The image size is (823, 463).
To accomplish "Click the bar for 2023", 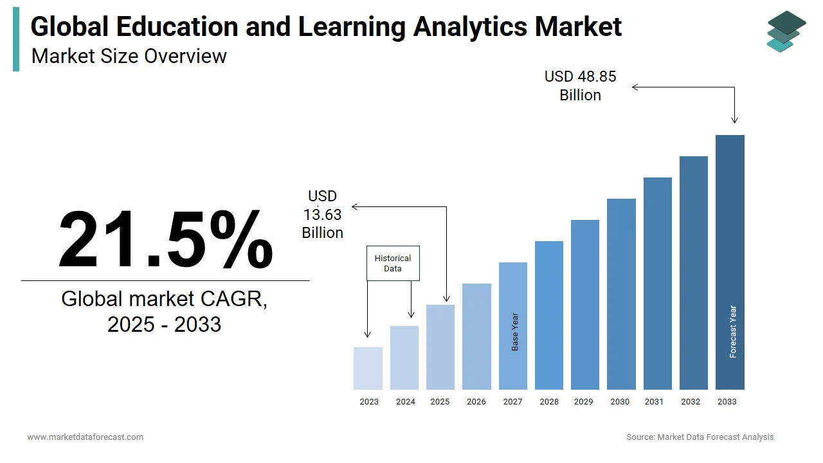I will click(368, 368).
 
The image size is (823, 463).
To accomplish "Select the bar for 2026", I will click(476, 336).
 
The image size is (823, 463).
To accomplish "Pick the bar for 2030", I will click(621, 294).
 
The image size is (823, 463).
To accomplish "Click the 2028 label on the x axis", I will click(549, 402).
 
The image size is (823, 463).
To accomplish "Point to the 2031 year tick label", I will click(654, 402).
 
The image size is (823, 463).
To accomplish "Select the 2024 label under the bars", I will click(405, 402).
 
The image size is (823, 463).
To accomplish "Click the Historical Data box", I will click(393, 263).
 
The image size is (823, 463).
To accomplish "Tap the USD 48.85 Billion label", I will click(580, 86).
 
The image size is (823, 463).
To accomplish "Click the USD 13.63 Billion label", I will click(322, 214).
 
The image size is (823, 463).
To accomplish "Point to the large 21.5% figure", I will click(165, 239).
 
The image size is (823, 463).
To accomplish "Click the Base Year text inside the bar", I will click(515, 332).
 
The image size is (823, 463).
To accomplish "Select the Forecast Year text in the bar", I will click(733, 331).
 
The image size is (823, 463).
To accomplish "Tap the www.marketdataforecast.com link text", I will click(85, 437).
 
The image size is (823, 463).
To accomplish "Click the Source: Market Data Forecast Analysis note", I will click(700, 437).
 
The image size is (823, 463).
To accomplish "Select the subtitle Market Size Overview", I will click(129, 57).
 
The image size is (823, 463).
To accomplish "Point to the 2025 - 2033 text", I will click(164, 324).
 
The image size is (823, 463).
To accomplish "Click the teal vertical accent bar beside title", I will click(16, 41).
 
